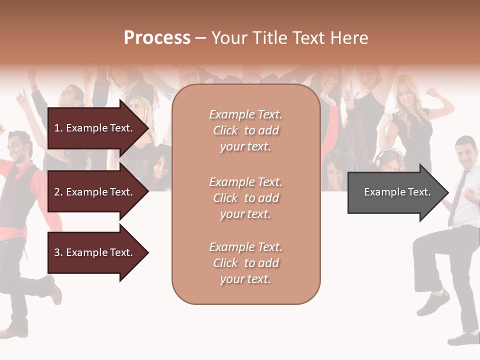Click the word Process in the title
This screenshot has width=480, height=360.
(x=157, y=38)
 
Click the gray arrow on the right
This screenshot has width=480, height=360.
(x=395, y=192)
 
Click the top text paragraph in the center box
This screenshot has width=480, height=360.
(x=245, y=130)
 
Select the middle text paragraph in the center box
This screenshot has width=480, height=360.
(x=245, y=198)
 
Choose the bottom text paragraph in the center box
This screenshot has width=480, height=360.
(x=245, y=263)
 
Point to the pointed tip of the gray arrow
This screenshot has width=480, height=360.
(x=448, y=192)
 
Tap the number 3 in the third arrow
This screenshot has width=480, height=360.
(x=56, y=252)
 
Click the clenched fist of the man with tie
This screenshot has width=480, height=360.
(x=470, y=192)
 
